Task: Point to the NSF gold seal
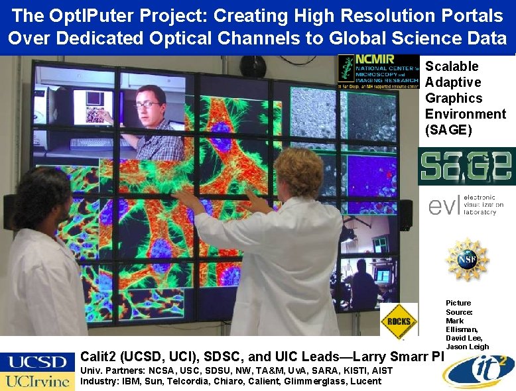pos(467,259)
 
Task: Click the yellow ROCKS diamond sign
pos(399,321)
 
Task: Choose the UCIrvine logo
pos(37,381)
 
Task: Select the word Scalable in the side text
pos(452,66)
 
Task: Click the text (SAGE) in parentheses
pos(449,130)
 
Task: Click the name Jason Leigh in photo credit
pos(468,347)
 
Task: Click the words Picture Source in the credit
pos(459,307)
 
